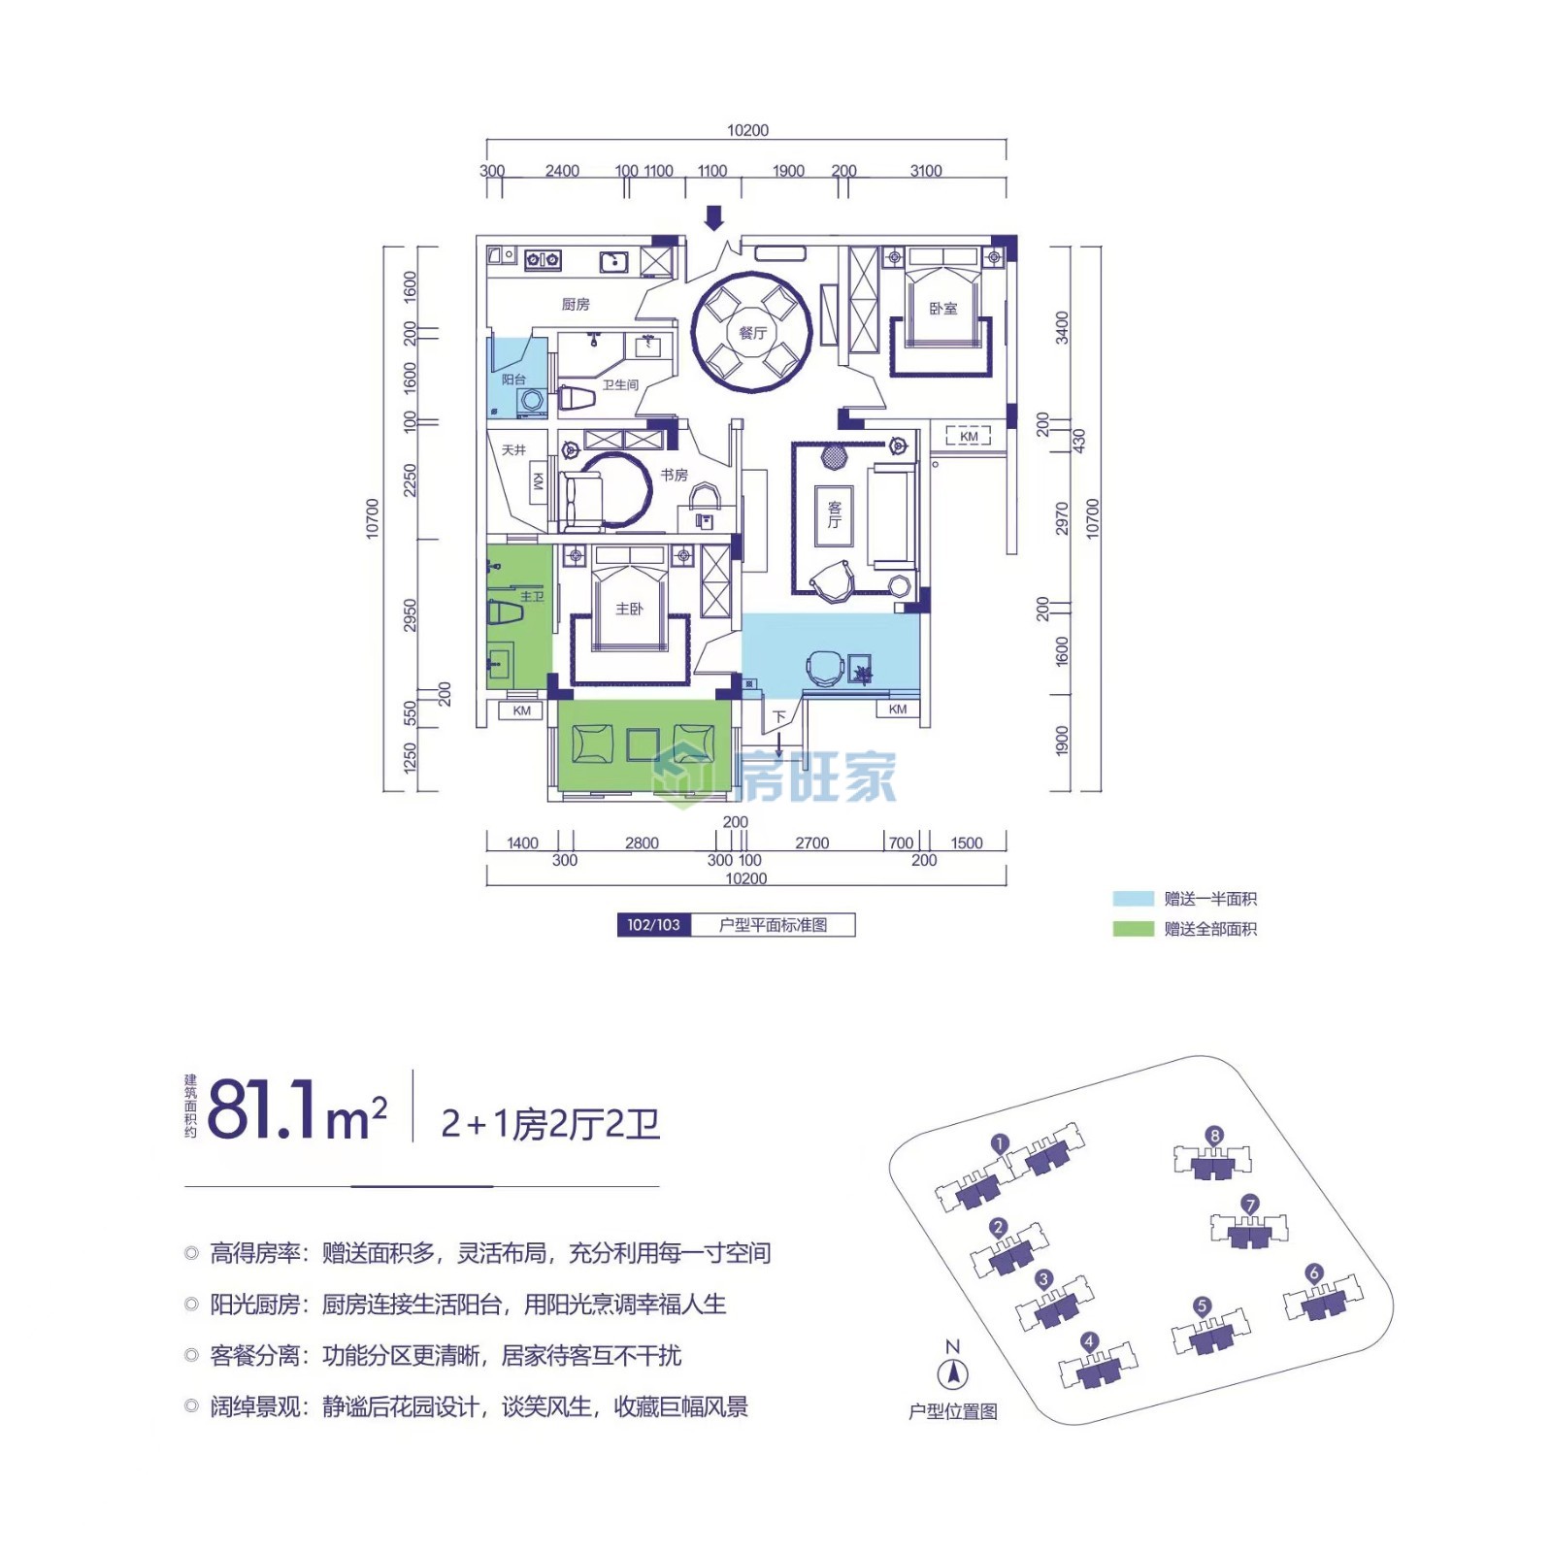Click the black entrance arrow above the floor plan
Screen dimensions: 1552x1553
click(713, 218)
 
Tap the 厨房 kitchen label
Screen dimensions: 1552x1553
click(576, 304)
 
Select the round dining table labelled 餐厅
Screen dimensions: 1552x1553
click(752, 333)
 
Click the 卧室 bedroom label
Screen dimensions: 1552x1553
click(942, 309)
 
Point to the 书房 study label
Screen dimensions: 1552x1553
click(674, 475)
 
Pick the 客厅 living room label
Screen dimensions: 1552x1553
click(834, 514)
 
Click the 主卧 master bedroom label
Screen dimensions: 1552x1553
click(629, 609)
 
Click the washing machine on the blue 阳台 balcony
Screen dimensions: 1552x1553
click(531, 400)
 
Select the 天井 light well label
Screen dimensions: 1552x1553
click(513, 449)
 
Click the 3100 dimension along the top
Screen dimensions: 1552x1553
click(926, 171)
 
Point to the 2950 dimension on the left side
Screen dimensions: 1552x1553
click(410, 615)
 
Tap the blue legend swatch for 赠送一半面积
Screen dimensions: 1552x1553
click(1133, 899)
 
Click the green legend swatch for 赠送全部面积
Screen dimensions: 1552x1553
click(1133, 929)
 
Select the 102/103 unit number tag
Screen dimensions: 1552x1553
click(653, 925)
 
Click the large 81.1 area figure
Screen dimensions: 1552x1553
click(262, 1108)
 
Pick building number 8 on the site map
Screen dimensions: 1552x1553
click(1214, 1136)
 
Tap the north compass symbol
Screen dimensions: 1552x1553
click(953, 1373)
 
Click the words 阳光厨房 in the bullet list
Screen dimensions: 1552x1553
click(254, 1305)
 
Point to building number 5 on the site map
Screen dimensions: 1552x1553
click(1202, 1305)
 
